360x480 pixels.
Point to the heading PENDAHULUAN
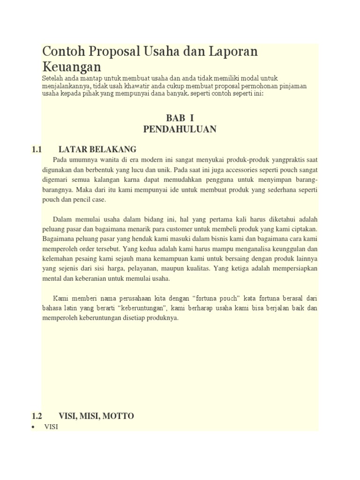[x=180, y=129]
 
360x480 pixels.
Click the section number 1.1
[x=37, y=150]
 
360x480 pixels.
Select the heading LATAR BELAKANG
[x=97, y=150]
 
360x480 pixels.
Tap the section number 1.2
[x=37, y=416]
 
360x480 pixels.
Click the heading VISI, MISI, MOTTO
[x=96, y=416]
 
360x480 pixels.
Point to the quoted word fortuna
[x=194, y=299]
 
